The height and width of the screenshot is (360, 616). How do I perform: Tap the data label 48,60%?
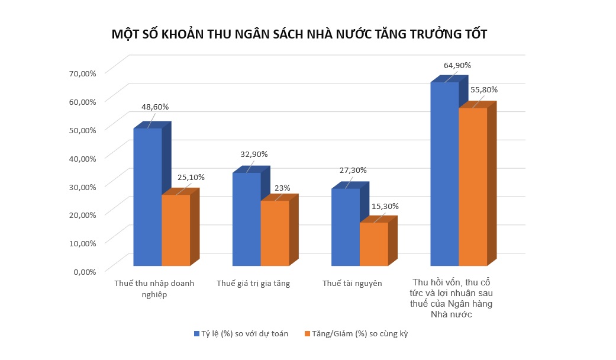click(155, 107)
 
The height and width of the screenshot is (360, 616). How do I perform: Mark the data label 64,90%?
click(457, 65)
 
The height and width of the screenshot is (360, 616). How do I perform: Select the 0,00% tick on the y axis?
click(85, 272)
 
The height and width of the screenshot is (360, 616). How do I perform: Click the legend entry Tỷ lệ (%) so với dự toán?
click(241, 334)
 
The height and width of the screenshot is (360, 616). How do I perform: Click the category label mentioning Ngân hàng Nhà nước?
click(453, 298)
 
